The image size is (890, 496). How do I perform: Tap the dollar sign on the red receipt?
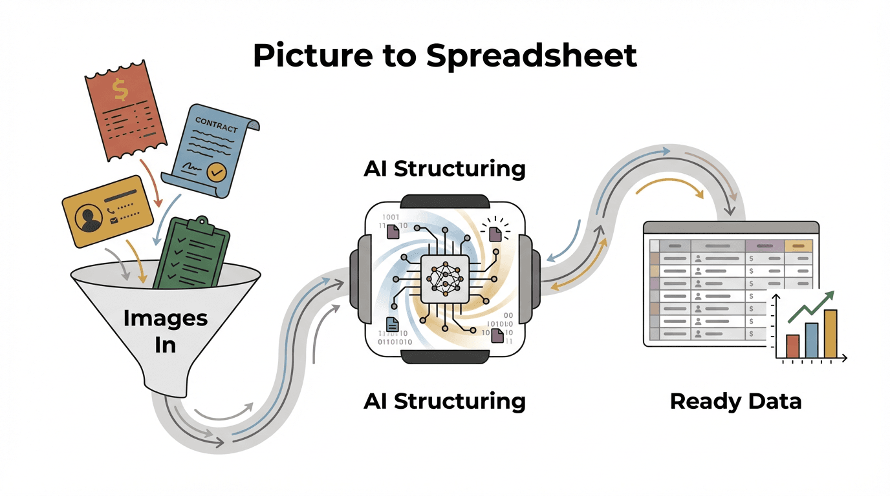tap(120, 90)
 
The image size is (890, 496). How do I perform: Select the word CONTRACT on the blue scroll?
tap(216, 124)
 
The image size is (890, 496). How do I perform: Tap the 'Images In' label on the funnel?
tap(166, 331)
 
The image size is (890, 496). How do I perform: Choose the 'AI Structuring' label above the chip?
tap(444, 169)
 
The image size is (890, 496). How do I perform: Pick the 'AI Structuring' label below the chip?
tap(444, 401)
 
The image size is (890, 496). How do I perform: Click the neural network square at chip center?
tap(444, 278)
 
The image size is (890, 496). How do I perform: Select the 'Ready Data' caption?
tap(735, 401)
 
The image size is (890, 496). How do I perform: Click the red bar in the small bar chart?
tap(792, 346)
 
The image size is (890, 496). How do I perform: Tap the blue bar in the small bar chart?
tap(812, 340)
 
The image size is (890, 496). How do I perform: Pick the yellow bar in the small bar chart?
tap(830, 334)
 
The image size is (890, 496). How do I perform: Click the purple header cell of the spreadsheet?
tap(764, 245)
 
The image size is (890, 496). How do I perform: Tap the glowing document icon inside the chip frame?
tap(495, 233)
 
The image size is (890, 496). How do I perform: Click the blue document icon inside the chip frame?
tap(392, 324)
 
